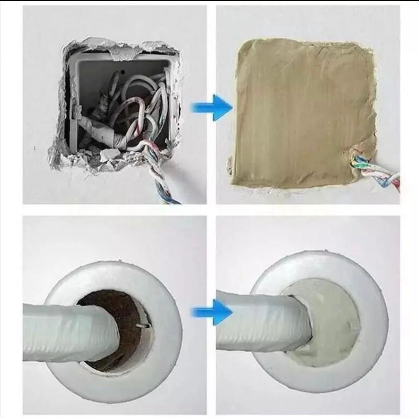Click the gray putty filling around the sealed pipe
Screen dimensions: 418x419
point(324,324)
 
